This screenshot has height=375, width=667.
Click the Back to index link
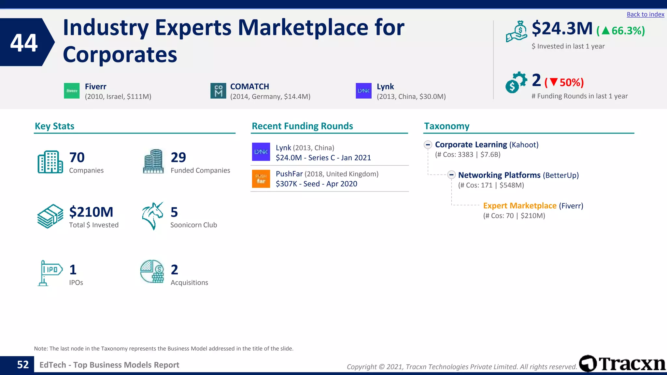pos(645,14)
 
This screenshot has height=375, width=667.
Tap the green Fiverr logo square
pos(72,91)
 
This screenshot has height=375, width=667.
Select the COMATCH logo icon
pos(218,91)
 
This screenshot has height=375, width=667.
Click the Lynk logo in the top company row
pos(363,91)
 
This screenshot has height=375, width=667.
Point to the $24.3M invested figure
pos(562,29)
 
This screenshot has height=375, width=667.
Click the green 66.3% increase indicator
pos(620,31)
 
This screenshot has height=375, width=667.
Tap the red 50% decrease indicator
pos(564,82)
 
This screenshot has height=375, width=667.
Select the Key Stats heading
pos(54,126)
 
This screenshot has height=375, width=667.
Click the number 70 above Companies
pos(77,158)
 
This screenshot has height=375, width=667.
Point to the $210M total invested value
pos(91,212)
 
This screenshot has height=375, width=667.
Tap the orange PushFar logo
pos(261,179)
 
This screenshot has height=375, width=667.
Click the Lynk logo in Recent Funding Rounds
pos(261,152)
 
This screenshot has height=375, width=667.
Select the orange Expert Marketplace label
pos(519,206)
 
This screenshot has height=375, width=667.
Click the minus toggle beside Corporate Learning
pos(428,145)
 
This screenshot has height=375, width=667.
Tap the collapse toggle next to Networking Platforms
pos(451,175)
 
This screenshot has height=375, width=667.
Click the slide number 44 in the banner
pos(24,43)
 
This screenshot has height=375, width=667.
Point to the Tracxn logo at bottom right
pos(622,364)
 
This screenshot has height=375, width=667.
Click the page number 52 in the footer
pos(23,365)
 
